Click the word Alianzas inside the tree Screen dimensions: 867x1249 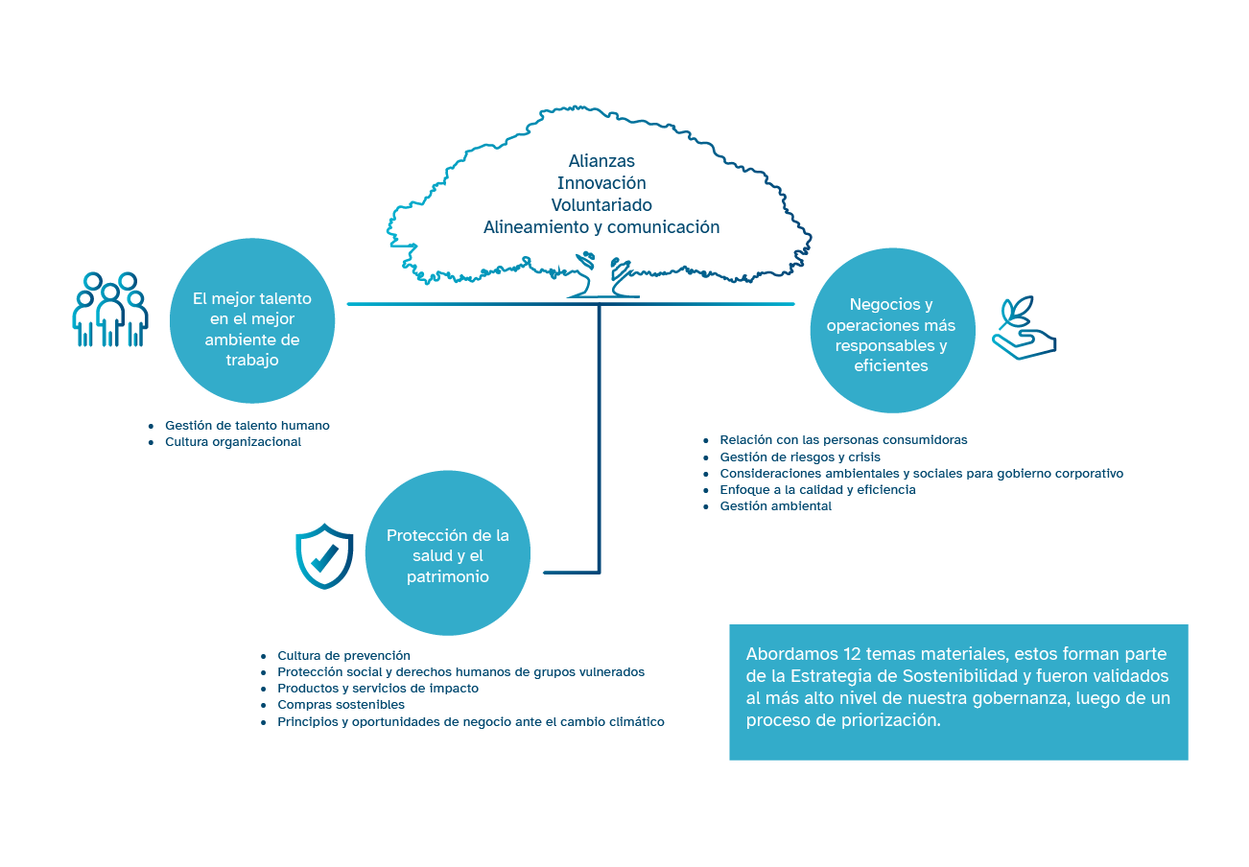click(601, 161)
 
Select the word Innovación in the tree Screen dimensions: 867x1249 click(601, 183)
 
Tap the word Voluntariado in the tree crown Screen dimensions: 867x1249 click(601, 205)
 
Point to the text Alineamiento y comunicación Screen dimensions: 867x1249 click(601, 227)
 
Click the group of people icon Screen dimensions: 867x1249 click(110, 310)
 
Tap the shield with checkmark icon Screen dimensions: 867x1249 click(324, 555)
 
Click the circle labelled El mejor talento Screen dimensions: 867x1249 click(252, 320)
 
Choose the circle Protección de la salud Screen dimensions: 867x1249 click(448, 555)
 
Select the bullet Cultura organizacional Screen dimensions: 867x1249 click(232, 442)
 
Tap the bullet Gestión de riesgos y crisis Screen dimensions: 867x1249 click(800, 457)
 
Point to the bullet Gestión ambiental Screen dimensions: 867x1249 click(775, 506)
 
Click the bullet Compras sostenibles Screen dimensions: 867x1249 click(341, 705)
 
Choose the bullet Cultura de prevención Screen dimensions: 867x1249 click(343, 655)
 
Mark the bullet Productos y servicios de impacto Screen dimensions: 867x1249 click(378, 689)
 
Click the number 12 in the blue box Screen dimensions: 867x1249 click(854, 654)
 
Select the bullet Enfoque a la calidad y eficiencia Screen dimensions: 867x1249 click(817, 490)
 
